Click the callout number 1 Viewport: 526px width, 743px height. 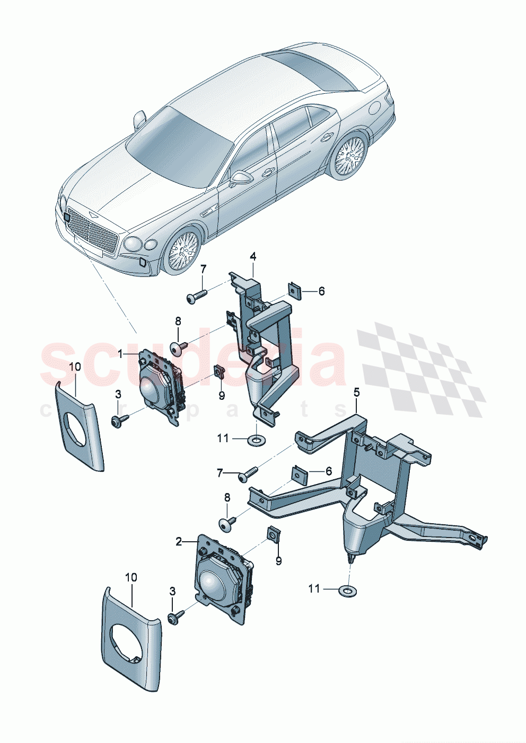(120, 353)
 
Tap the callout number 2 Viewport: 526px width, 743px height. (179, 541)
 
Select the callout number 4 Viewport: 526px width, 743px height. (253, 257)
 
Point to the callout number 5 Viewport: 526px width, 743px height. (356, 392)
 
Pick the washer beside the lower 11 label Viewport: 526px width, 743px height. (347, 589)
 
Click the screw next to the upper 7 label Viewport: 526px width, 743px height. (195, 297)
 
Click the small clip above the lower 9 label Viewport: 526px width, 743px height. (274, 535)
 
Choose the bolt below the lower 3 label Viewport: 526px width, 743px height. (174, 617)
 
